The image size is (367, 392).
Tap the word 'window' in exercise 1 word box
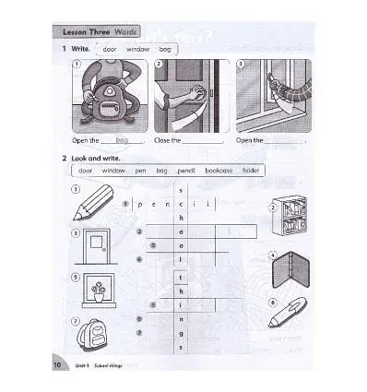point(137,48)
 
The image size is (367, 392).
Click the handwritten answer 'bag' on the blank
point(122,140)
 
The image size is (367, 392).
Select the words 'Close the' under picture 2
point(167,141)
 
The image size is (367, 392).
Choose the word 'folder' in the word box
point(252,171)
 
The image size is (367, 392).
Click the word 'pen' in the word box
point(140,171)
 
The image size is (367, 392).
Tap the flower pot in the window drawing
point(98,291)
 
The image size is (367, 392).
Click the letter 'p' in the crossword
point(139,204)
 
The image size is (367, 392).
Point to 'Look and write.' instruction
point(99,158)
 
